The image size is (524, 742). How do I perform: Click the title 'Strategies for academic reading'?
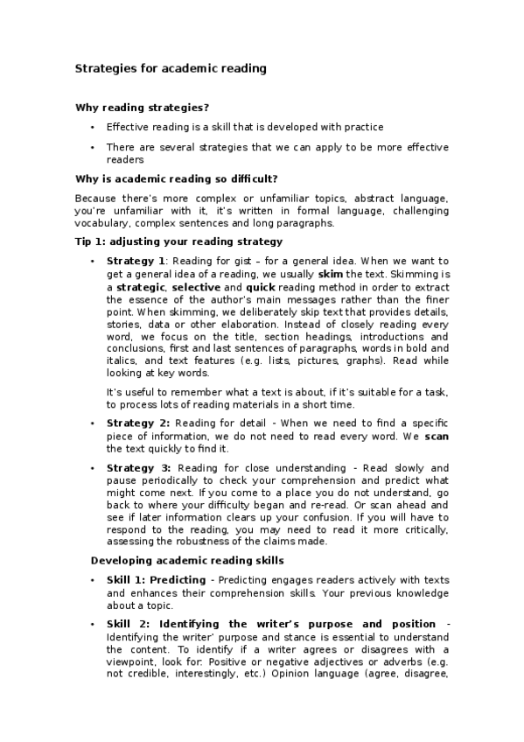pyautogui.click(x=171, y=67)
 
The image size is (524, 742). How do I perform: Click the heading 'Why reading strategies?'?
pyautogui.click(x=143, y=108)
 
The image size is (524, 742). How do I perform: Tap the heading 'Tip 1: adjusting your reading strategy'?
pyautogui.click(x=178, y=241)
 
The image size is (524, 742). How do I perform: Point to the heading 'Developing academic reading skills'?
pyautogui.click(x=189, y=560)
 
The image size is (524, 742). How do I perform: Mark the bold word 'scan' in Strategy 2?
pyautogui.click(x=437, y=436)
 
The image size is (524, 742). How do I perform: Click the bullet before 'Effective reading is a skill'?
pyautogui.click(x=93, y=127)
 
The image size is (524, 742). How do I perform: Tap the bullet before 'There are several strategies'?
pyautogui.click(x=93, y=147)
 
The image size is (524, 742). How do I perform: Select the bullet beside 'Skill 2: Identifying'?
pyautogui.click(x=93, y=624)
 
